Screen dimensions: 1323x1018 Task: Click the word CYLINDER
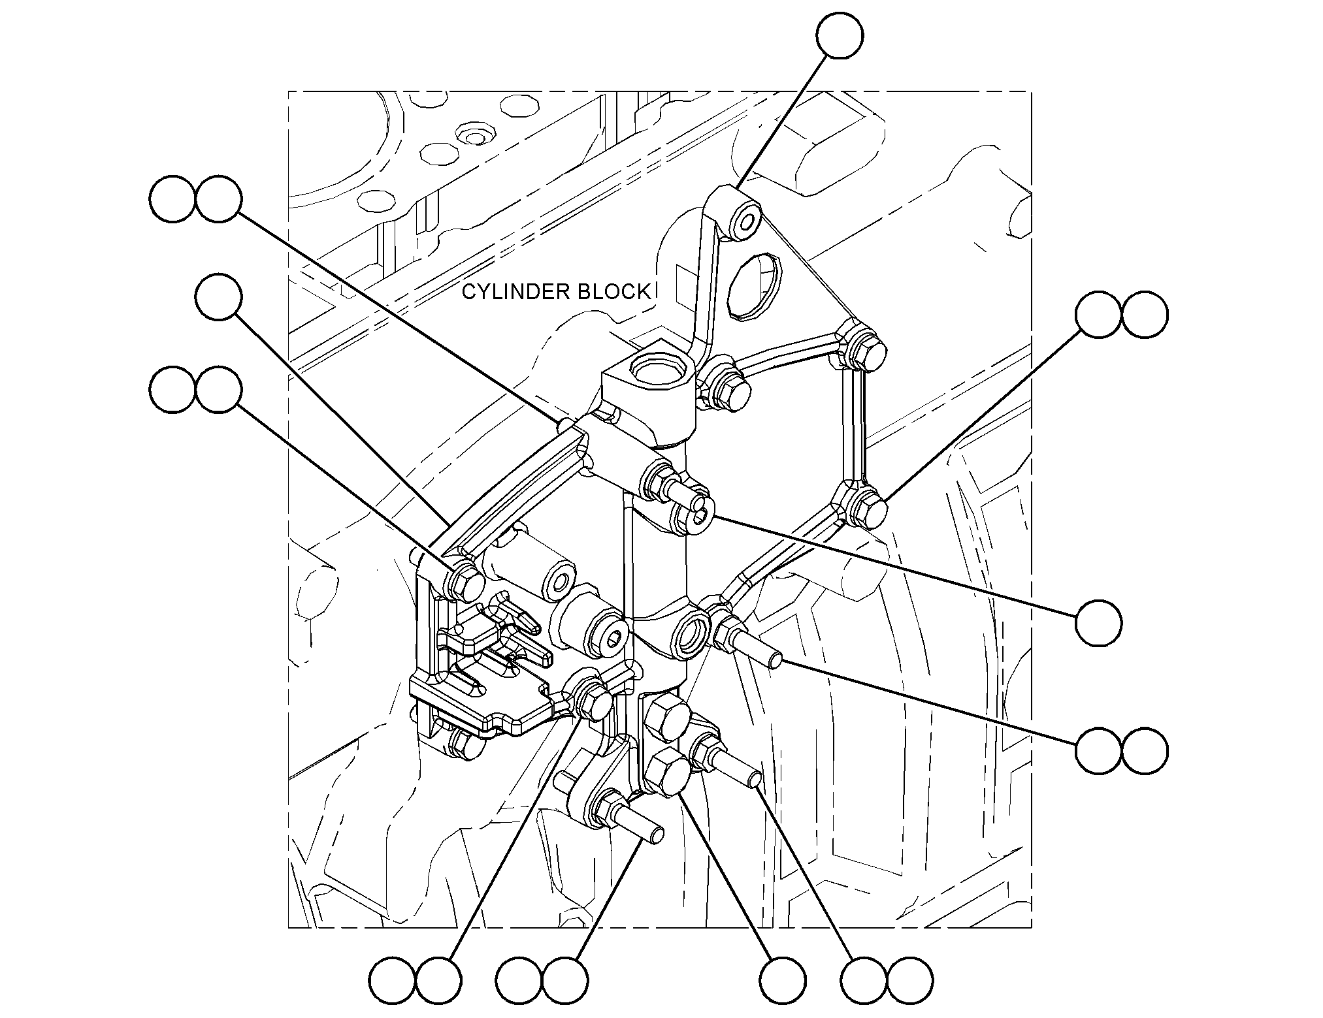pos(508,292)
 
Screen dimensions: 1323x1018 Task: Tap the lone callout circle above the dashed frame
pos(840,35)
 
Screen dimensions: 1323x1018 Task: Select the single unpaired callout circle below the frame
pos(783,981)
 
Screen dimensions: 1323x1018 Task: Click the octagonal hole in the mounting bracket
pos(755,287)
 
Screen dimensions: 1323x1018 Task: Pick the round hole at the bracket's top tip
pos(745,222)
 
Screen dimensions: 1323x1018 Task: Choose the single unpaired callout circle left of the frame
pos(218,297)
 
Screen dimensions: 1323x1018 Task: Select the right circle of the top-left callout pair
pos(218,199)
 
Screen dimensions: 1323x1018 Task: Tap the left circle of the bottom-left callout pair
pos(392,981)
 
